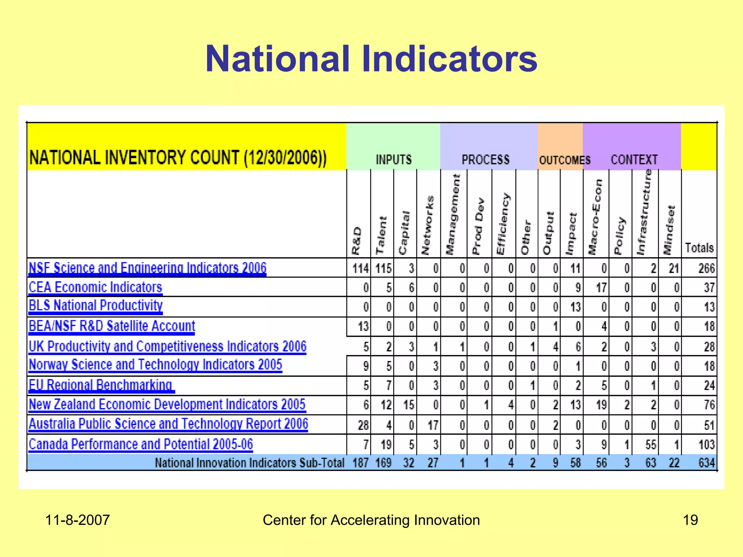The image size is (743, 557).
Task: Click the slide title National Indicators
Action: [x=371, y=59]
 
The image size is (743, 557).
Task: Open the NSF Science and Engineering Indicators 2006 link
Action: [x=147, y=268]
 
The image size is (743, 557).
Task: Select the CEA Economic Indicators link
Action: [x=95, y=287]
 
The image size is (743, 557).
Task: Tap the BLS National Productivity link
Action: [x=96, y=305]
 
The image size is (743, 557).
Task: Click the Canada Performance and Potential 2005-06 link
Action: [x=141, y=444]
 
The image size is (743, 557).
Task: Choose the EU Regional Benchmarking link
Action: [x=100, y=385]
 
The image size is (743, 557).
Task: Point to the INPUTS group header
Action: [x=394, y=160]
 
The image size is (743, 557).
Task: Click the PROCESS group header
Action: [x=485, y=160]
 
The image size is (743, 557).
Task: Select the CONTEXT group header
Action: [x=634, y=160]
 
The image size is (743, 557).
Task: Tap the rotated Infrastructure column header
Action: [x=645, y=212]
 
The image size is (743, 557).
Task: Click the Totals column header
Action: [x=699, y=248]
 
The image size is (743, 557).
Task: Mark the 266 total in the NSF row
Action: [x=706, y=268]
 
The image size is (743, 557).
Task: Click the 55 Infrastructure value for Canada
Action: [x=651, y=445]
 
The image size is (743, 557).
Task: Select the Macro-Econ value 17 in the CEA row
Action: [x=601, y=288]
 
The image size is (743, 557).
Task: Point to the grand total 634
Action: [x=706, y=463]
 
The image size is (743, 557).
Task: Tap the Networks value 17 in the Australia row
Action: [x=433, y=425]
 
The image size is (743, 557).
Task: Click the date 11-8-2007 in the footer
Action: [x=77, y=520]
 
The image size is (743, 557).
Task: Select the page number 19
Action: [x=690, y=520]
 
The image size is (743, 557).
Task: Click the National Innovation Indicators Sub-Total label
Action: [x=250, y=463]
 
